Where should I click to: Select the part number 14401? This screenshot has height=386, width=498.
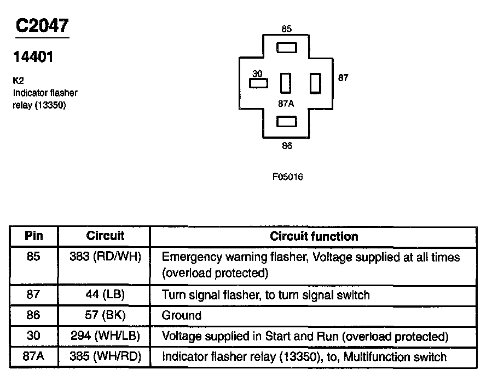pos(33,57)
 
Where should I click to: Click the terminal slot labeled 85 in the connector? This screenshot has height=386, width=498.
pos(286,48)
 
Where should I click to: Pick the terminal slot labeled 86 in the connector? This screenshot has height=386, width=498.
pos(286,122)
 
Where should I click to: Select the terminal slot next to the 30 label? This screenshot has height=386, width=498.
pos(258,83)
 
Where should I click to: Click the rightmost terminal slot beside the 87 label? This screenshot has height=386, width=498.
pos(315,83)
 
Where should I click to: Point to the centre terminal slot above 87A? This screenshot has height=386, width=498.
pos(286,83)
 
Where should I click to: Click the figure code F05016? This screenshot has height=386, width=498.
pos(287,177)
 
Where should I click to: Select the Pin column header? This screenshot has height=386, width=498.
pos(33,236)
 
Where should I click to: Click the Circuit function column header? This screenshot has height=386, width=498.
pos(314,236)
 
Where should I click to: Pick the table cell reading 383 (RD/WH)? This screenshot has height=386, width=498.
pos(105,257)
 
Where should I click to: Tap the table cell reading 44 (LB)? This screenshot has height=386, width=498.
pos(105,295)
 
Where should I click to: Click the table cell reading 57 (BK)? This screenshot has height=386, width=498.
pos(105,315)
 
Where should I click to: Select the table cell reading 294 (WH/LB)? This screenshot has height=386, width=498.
pos(105,336)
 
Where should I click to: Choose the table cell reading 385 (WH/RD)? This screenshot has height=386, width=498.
pos(105,357)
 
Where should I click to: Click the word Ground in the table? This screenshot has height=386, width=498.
pos(182,316)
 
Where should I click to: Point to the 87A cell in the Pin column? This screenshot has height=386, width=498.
pos(33,357)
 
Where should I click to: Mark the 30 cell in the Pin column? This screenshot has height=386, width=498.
pos(33,336)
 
